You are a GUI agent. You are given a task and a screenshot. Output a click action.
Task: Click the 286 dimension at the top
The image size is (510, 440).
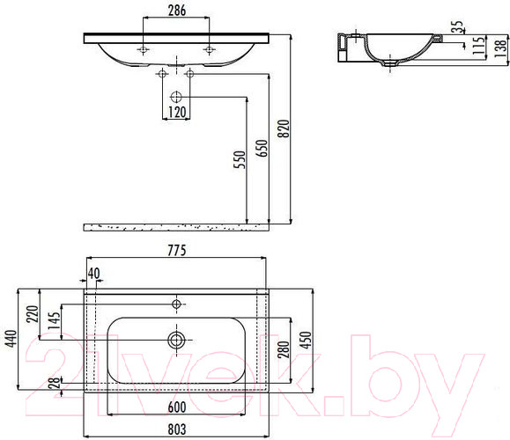[176, 11]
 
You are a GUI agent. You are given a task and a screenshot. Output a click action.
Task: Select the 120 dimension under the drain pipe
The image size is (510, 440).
[177, 112]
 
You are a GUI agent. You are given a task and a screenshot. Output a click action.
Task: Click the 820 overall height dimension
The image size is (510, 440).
[284, 129]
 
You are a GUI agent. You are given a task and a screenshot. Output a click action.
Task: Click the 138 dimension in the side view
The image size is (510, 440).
[499, 48]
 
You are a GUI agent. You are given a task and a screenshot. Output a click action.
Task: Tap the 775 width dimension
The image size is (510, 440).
[176, 251]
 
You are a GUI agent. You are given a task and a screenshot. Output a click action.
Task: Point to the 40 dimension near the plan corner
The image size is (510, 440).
[93, 273]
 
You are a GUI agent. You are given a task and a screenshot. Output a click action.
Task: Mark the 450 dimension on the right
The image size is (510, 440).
[307, 340]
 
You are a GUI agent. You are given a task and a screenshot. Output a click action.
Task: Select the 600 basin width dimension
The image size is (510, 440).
[176, 406]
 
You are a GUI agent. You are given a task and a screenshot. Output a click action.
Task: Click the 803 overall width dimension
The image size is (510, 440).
[176, 429]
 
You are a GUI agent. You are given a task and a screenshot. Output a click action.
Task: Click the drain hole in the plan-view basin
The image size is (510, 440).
[177, 339]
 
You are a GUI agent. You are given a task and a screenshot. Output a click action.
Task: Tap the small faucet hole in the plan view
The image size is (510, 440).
[177, 304]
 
